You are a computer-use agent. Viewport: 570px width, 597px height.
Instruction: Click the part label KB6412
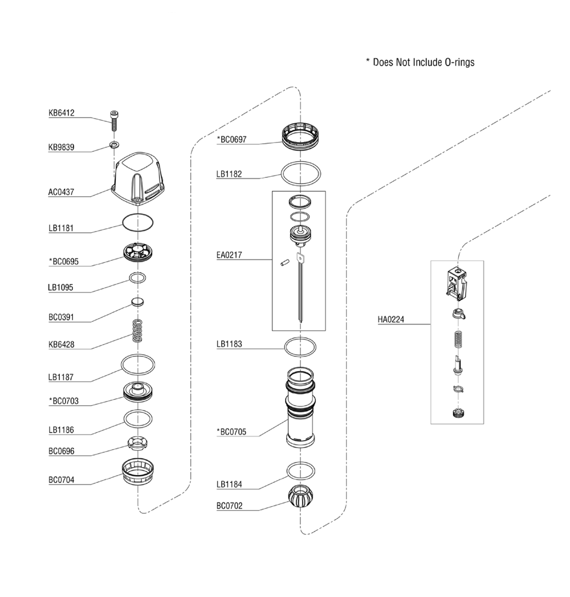click(x=61, y=113)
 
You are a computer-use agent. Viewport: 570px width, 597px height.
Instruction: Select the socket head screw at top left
click(x=114, y=120)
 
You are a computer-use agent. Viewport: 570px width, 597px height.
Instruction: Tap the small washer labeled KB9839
click(x=114, y=145)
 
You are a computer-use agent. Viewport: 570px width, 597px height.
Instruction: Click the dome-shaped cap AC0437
click(x=138, y=180)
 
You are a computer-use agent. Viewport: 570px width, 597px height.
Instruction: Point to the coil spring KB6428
click(x=137, y=331)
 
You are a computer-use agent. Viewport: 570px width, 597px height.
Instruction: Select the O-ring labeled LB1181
click(x=138, y=222)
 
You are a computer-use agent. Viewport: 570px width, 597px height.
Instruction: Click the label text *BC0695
click(x=63, y=262)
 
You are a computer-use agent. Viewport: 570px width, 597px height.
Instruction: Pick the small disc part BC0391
click(x=137, y=302)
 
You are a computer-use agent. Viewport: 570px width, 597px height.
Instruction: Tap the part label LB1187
click(x=61, y=377)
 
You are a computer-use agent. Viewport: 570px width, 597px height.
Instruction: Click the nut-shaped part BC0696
click(x=138, y=442)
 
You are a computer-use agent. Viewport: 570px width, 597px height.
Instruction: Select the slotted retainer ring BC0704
click(x=138, y=472)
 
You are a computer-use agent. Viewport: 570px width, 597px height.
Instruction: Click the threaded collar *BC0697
click(x=300, y=136)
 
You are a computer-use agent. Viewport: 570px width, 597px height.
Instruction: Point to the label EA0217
click(x=229, y=255)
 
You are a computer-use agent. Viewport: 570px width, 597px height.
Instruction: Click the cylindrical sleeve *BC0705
click(x=300, y=407)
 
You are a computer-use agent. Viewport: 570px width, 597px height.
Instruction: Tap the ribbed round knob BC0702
click(x=300, y=497)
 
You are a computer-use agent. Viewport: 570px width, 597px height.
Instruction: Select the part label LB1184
click(x=229, y=484)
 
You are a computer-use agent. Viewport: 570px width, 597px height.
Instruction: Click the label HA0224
click(x=391, y=319)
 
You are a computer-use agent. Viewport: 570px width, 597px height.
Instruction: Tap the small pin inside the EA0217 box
click(x=285, y=263)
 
